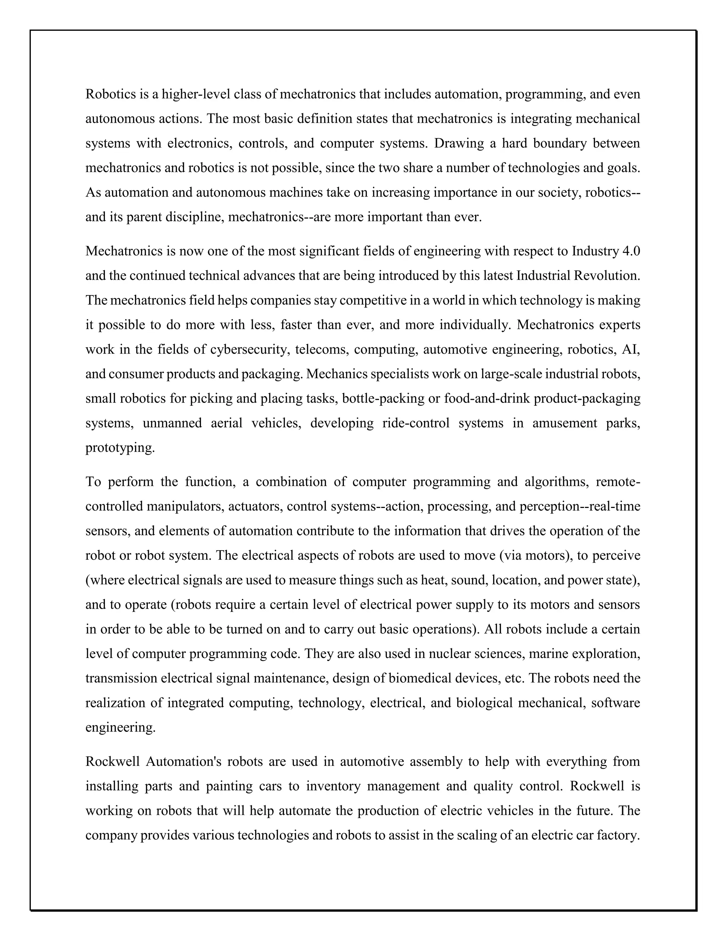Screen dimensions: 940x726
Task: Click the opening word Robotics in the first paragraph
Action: (x=111, y=94)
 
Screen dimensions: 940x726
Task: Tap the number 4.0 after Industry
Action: (x=631, y=250)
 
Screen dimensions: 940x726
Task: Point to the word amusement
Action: (x=564, y=423)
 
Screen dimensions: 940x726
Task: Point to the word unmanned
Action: (x=172, y=423)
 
